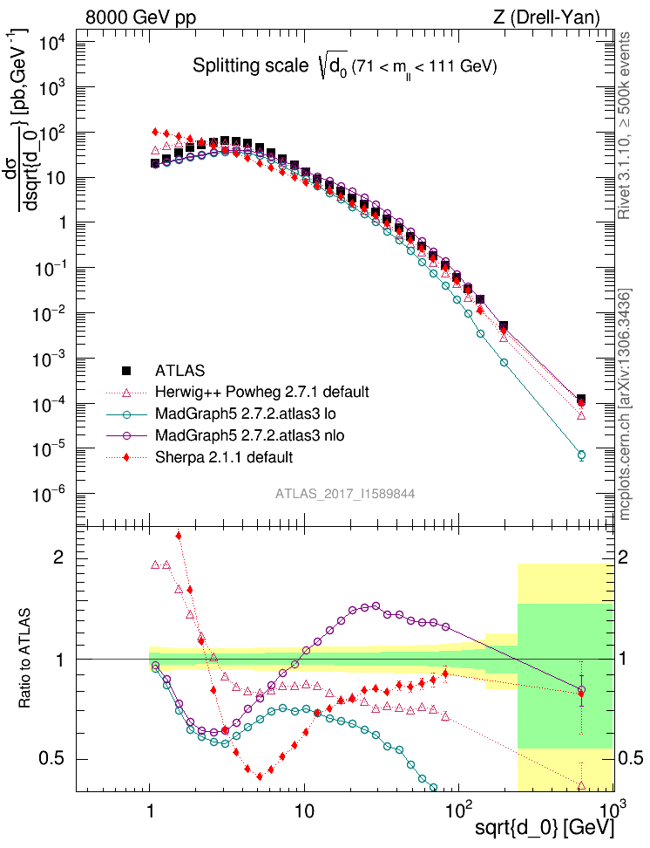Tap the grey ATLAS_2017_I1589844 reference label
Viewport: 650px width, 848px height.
tap(345, 494)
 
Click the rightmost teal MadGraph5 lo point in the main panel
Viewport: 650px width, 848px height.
tap(581, 455)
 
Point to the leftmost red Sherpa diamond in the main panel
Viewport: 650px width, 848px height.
tap(155, 132)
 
